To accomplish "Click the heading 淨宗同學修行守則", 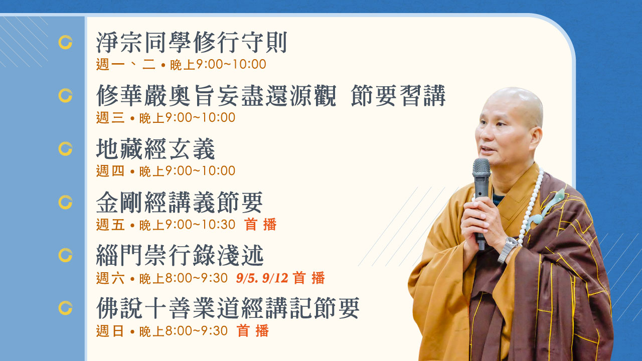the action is point(192,43).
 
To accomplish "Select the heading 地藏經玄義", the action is point(155,149).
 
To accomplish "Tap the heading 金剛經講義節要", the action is point(180,202).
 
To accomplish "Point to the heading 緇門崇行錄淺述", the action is point(180,255).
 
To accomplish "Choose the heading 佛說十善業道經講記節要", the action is point(228,308).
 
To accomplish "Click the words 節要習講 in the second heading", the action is point(398,96).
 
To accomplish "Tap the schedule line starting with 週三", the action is point(166,117).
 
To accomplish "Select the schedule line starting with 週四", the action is point(166,171).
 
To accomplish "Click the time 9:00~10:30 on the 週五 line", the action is point(200,224).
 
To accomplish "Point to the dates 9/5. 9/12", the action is point(262,278).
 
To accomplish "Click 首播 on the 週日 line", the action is point(253,331).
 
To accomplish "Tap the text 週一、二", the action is point(126,64).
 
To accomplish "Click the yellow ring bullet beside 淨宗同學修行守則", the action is point(65,43).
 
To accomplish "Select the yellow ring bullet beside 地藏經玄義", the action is point(65,149).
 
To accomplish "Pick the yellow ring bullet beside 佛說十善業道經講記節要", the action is point(65,308).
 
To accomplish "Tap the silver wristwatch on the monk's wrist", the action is point(509,249).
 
